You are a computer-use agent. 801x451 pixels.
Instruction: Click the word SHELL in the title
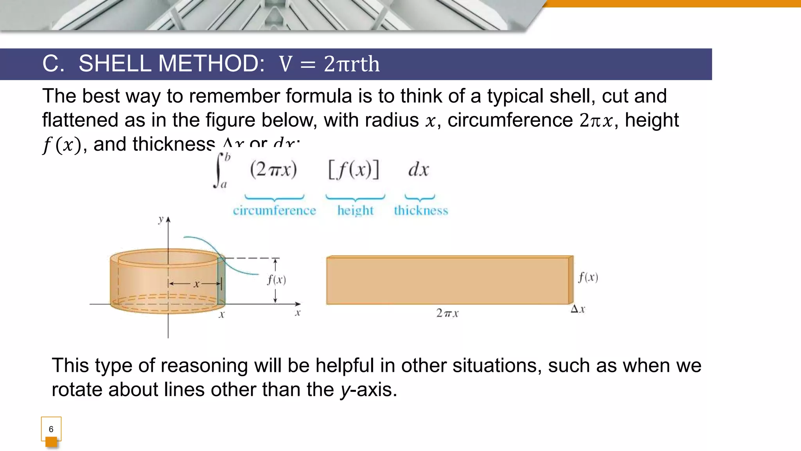115,63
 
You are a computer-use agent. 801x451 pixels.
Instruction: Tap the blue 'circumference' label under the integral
274,211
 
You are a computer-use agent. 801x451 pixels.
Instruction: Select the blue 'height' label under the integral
355,211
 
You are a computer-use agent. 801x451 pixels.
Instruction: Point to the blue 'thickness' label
421,211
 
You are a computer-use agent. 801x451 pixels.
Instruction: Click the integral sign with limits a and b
219,170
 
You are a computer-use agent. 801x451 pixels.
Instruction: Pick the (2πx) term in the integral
273,170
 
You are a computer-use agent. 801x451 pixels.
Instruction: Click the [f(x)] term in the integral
354,170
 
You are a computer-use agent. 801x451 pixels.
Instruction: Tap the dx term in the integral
418,170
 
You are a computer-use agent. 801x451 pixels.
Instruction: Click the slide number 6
51,429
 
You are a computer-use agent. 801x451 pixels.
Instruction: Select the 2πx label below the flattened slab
447,313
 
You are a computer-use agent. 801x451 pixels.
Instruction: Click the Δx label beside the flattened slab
578,309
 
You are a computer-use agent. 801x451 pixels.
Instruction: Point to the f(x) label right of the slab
588,277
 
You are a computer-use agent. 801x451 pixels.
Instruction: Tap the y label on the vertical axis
160,219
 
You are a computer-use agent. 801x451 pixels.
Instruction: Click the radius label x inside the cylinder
196,284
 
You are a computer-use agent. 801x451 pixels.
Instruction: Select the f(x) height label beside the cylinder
277,280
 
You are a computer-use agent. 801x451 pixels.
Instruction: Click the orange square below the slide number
51,442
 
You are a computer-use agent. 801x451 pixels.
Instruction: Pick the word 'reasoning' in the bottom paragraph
204,366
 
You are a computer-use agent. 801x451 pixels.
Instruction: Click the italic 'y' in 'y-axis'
345,390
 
